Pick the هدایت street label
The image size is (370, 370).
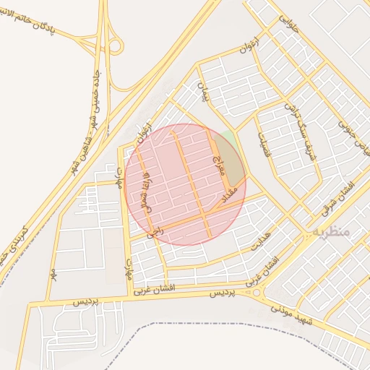point(259,238)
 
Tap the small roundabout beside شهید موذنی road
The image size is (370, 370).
point(257,293)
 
